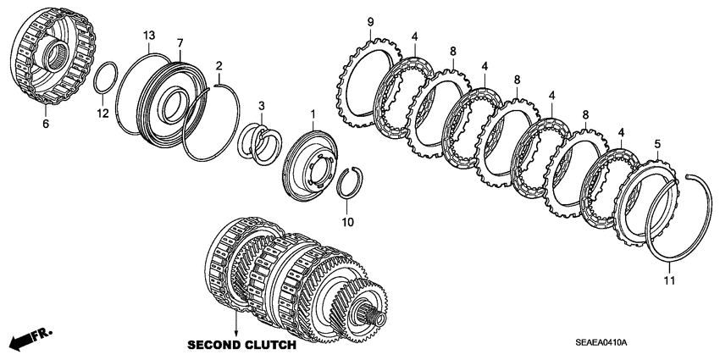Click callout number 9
370,21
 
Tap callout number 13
149,36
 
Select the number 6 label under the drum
46,124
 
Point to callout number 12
102,113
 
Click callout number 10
347,222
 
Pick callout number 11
669,280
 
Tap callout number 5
657,144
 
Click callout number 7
180,43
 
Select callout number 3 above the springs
261,106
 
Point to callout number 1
313,113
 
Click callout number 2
219,65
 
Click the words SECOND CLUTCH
241,345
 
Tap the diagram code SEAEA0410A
602,342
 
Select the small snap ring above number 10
350,183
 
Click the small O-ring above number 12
106,77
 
